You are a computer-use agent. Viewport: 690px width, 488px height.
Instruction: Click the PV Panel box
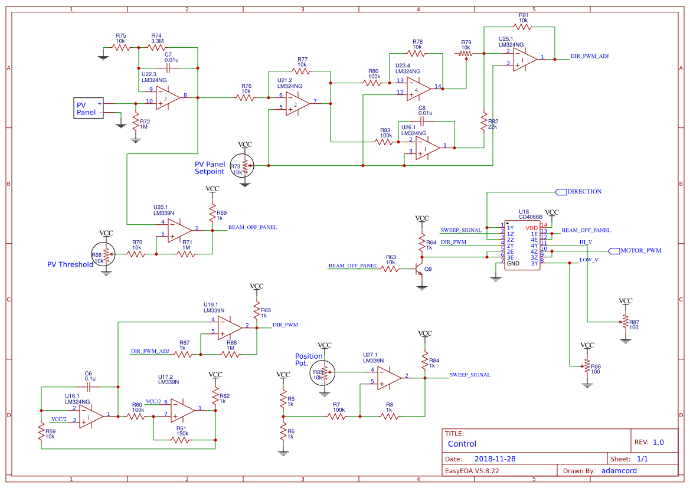88,108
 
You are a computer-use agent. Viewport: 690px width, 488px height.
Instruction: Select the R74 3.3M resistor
156,47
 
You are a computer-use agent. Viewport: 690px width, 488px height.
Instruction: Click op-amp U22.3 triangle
168,97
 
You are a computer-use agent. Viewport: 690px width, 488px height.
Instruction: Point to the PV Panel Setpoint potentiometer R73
245,166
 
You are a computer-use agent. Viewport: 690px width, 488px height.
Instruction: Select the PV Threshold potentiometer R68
106,254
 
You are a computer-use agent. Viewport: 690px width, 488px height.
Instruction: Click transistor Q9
420,270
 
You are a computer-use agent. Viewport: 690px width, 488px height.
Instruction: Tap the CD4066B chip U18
522,245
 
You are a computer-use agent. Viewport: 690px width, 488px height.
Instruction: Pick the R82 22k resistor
484,123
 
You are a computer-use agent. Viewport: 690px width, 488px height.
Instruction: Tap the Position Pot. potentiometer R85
324,372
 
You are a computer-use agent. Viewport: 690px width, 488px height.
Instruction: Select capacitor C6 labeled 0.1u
89,387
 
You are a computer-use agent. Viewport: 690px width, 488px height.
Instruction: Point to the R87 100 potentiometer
625,322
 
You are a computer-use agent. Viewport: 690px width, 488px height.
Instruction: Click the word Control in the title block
462,444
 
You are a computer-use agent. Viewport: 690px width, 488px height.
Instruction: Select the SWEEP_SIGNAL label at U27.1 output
470,375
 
